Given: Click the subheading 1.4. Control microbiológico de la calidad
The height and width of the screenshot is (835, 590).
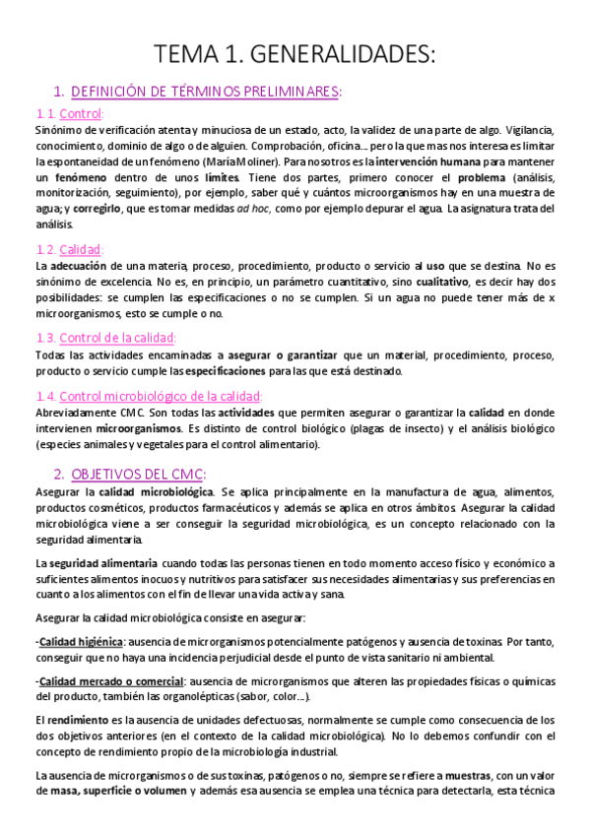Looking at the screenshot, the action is click(155, 396).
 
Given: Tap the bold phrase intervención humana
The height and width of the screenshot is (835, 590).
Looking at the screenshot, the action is click(430, 161).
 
